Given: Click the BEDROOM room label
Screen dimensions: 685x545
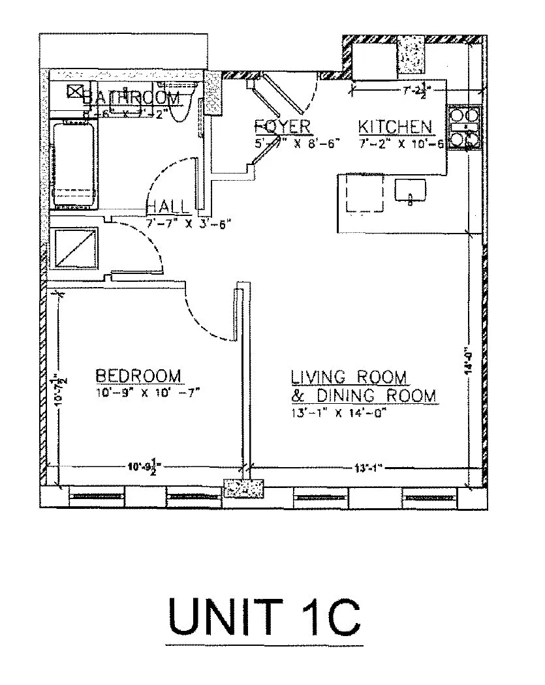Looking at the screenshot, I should coord(138,376).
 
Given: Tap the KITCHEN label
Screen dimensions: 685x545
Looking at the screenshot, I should coord(395,127).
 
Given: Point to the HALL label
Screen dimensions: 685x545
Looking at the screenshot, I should coord(168,207).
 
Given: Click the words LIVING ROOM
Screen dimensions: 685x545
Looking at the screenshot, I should coord(349,377).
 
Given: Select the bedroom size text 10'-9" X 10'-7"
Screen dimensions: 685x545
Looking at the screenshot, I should coord(147,392).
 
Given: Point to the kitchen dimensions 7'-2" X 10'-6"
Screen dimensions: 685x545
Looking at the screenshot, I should coord(401,144).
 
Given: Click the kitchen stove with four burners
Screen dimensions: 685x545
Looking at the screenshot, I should coord(463,127).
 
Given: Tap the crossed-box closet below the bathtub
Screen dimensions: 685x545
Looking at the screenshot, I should coord(74,248).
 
